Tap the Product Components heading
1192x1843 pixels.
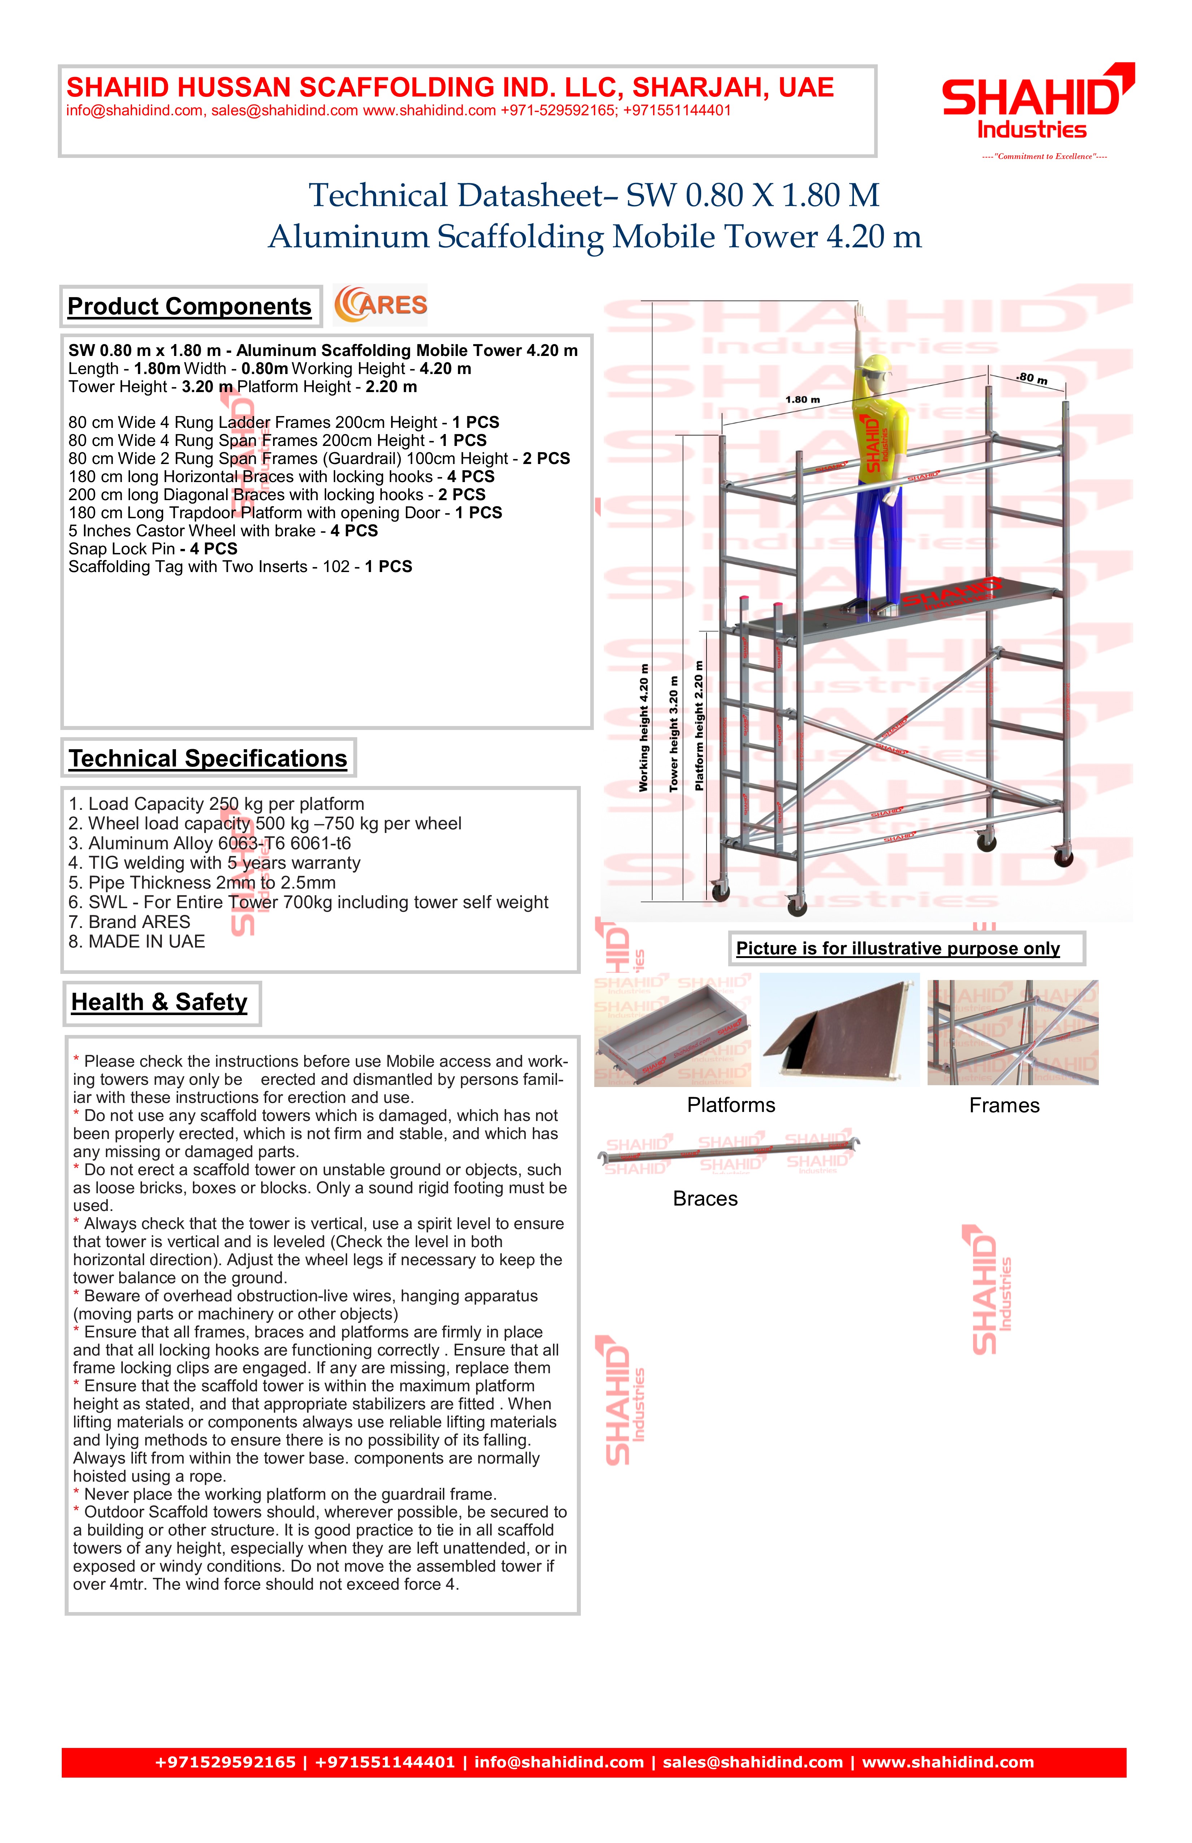[x=190, y=307]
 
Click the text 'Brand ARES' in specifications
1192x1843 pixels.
[x=129, y=922]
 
